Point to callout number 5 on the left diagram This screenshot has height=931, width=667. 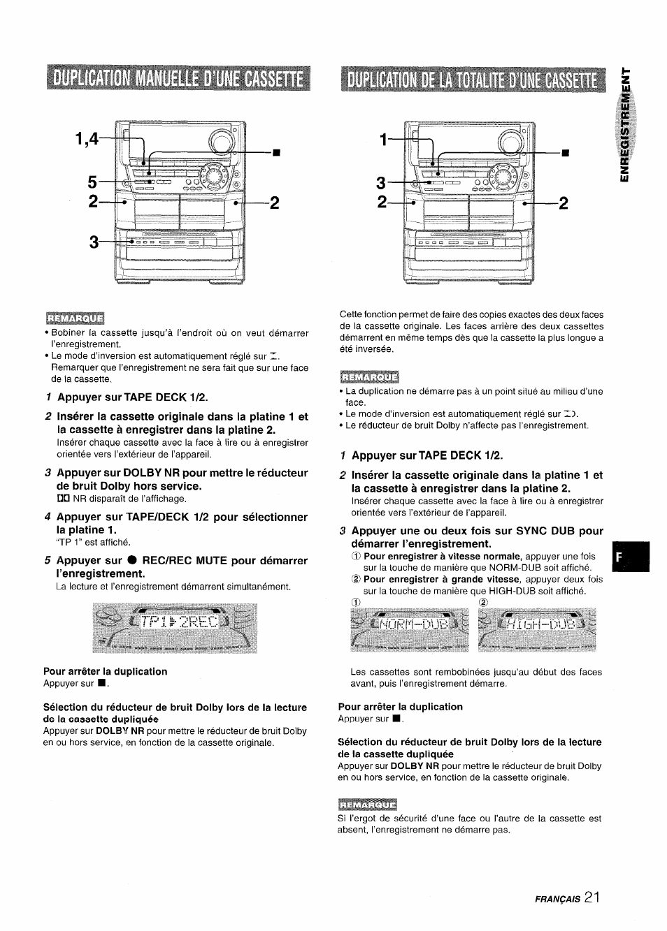(92, 183)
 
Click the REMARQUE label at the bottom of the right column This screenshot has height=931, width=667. (367, 805)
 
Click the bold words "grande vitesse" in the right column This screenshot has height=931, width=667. (490, 579)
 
